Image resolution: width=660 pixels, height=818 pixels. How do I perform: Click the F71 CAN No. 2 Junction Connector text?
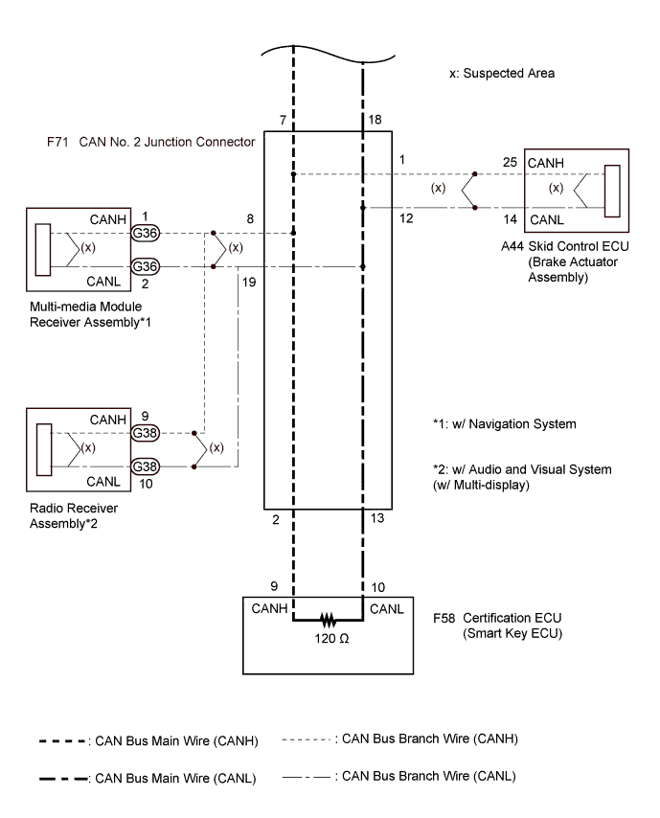(150, 141)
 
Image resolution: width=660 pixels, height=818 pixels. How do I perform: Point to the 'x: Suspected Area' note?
(502, 73)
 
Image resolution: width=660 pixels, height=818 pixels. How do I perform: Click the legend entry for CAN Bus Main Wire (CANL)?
(149, 779)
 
